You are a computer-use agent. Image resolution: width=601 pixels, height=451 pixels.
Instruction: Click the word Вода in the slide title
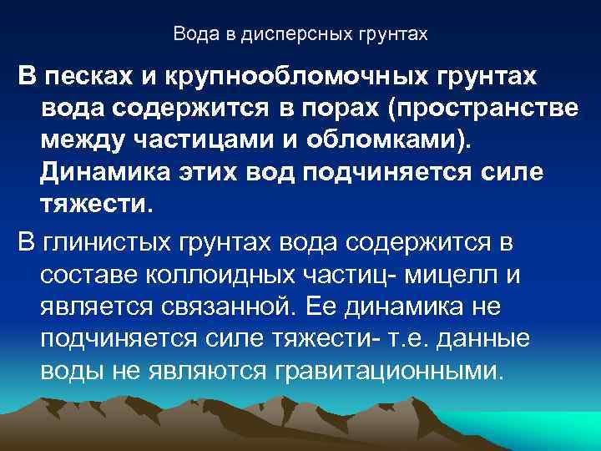192,35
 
